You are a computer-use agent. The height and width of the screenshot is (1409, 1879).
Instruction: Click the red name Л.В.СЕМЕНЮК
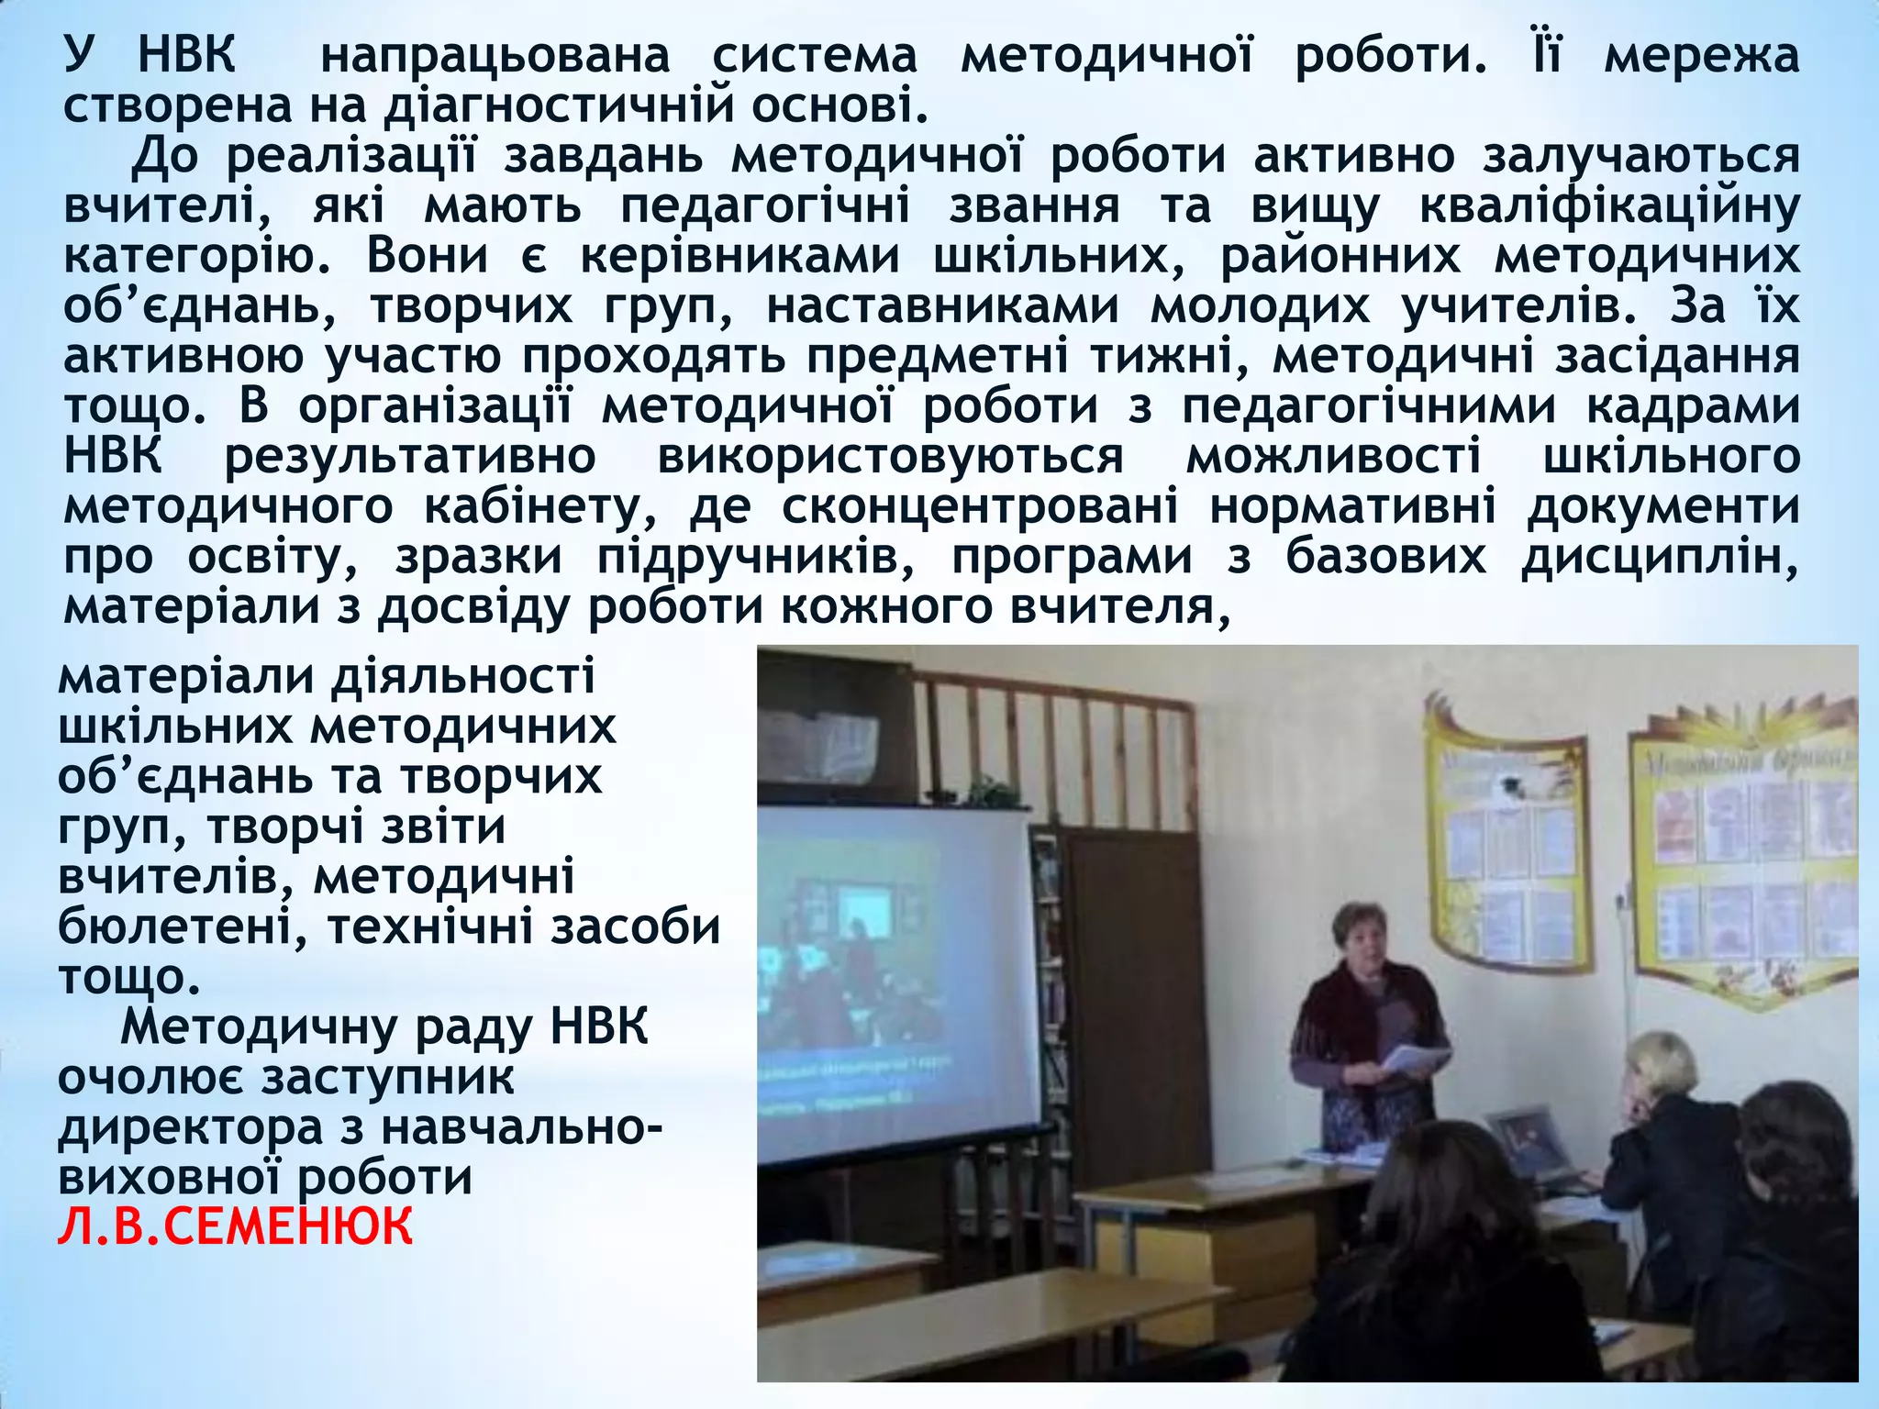(235, 1226)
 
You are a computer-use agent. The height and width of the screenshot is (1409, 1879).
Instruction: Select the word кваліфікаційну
(1608, 207)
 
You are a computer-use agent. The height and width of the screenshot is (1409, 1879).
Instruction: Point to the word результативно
(410, 457)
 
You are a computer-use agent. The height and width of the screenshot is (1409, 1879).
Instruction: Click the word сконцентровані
(980, 506)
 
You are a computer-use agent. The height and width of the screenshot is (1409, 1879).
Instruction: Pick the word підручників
(755, 558)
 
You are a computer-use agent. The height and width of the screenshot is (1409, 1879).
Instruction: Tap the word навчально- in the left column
(521, 1127)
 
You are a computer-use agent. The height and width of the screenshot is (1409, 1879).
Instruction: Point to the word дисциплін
(1659, 558)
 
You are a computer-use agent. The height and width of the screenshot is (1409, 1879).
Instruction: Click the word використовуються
(890, 457)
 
